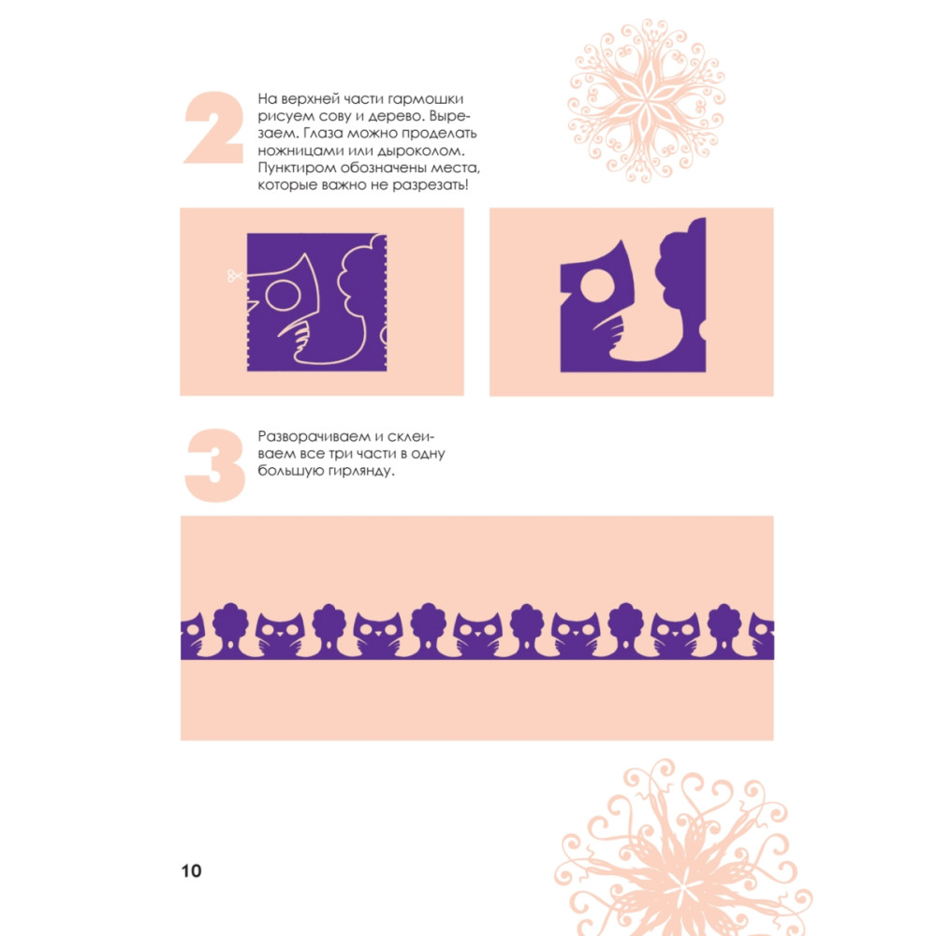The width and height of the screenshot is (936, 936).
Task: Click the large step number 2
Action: (213, 127)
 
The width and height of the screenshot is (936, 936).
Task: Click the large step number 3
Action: (215, 465)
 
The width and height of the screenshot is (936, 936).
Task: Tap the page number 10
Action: (192, 870)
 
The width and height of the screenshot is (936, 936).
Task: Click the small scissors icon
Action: (235, 275)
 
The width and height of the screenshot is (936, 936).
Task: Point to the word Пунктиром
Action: (297, 168)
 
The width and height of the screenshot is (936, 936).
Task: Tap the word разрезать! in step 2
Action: (430, 185)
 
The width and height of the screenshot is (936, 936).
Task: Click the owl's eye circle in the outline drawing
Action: (283, 295)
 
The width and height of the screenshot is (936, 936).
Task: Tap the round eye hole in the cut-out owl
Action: (597, 285)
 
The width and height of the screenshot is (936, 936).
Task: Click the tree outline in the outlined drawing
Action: (354, 299)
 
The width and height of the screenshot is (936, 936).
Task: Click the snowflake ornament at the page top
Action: (647, 100)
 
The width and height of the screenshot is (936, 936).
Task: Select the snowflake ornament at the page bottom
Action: (683, 848)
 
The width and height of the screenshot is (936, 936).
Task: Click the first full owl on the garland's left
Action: (280, 634)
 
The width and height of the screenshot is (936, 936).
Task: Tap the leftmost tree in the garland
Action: (230, 626)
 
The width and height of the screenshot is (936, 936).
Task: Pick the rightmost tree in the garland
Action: (724, 626)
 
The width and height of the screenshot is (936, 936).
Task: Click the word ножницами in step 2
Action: (300, 151)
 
